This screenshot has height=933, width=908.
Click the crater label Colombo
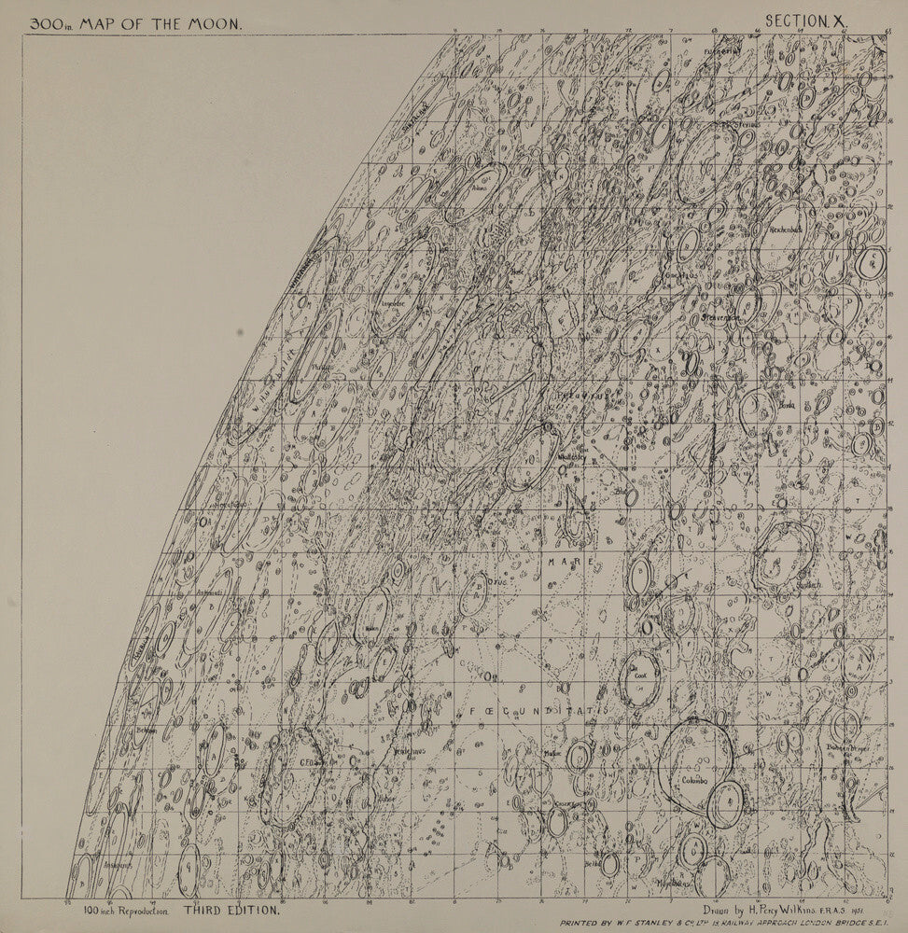[694, 780]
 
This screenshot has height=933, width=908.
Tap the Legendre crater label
[391, 303]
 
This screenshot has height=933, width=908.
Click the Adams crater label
[481, 187]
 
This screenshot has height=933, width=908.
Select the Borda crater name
[787, 406]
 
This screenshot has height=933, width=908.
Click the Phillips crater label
[321, 367]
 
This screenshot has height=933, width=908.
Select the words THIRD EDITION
[230, 908]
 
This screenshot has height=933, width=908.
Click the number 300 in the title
[47, 24]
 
